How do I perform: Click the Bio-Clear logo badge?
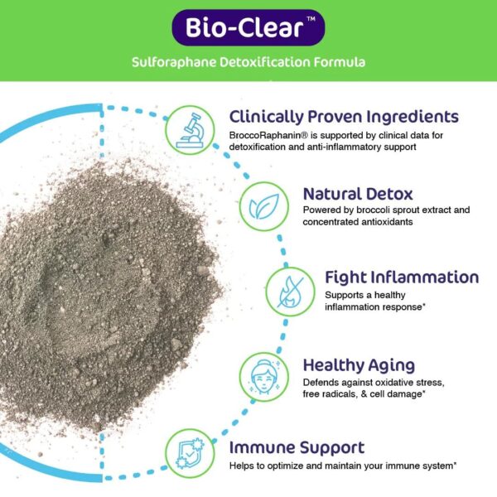tap(248, 27)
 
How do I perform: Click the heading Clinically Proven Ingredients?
tap(344, 116)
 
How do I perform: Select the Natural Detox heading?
tap(357, 194)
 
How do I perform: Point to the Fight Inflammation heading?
tap(390, 277)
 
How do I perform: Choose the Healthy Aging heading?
tap(359, 364)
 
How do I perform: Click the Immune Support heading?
tap(297, 448)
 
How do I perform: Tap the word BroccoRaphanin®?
tap(265, 134)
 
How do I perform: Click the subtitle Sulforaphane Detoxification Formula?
tap(248, 62)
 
